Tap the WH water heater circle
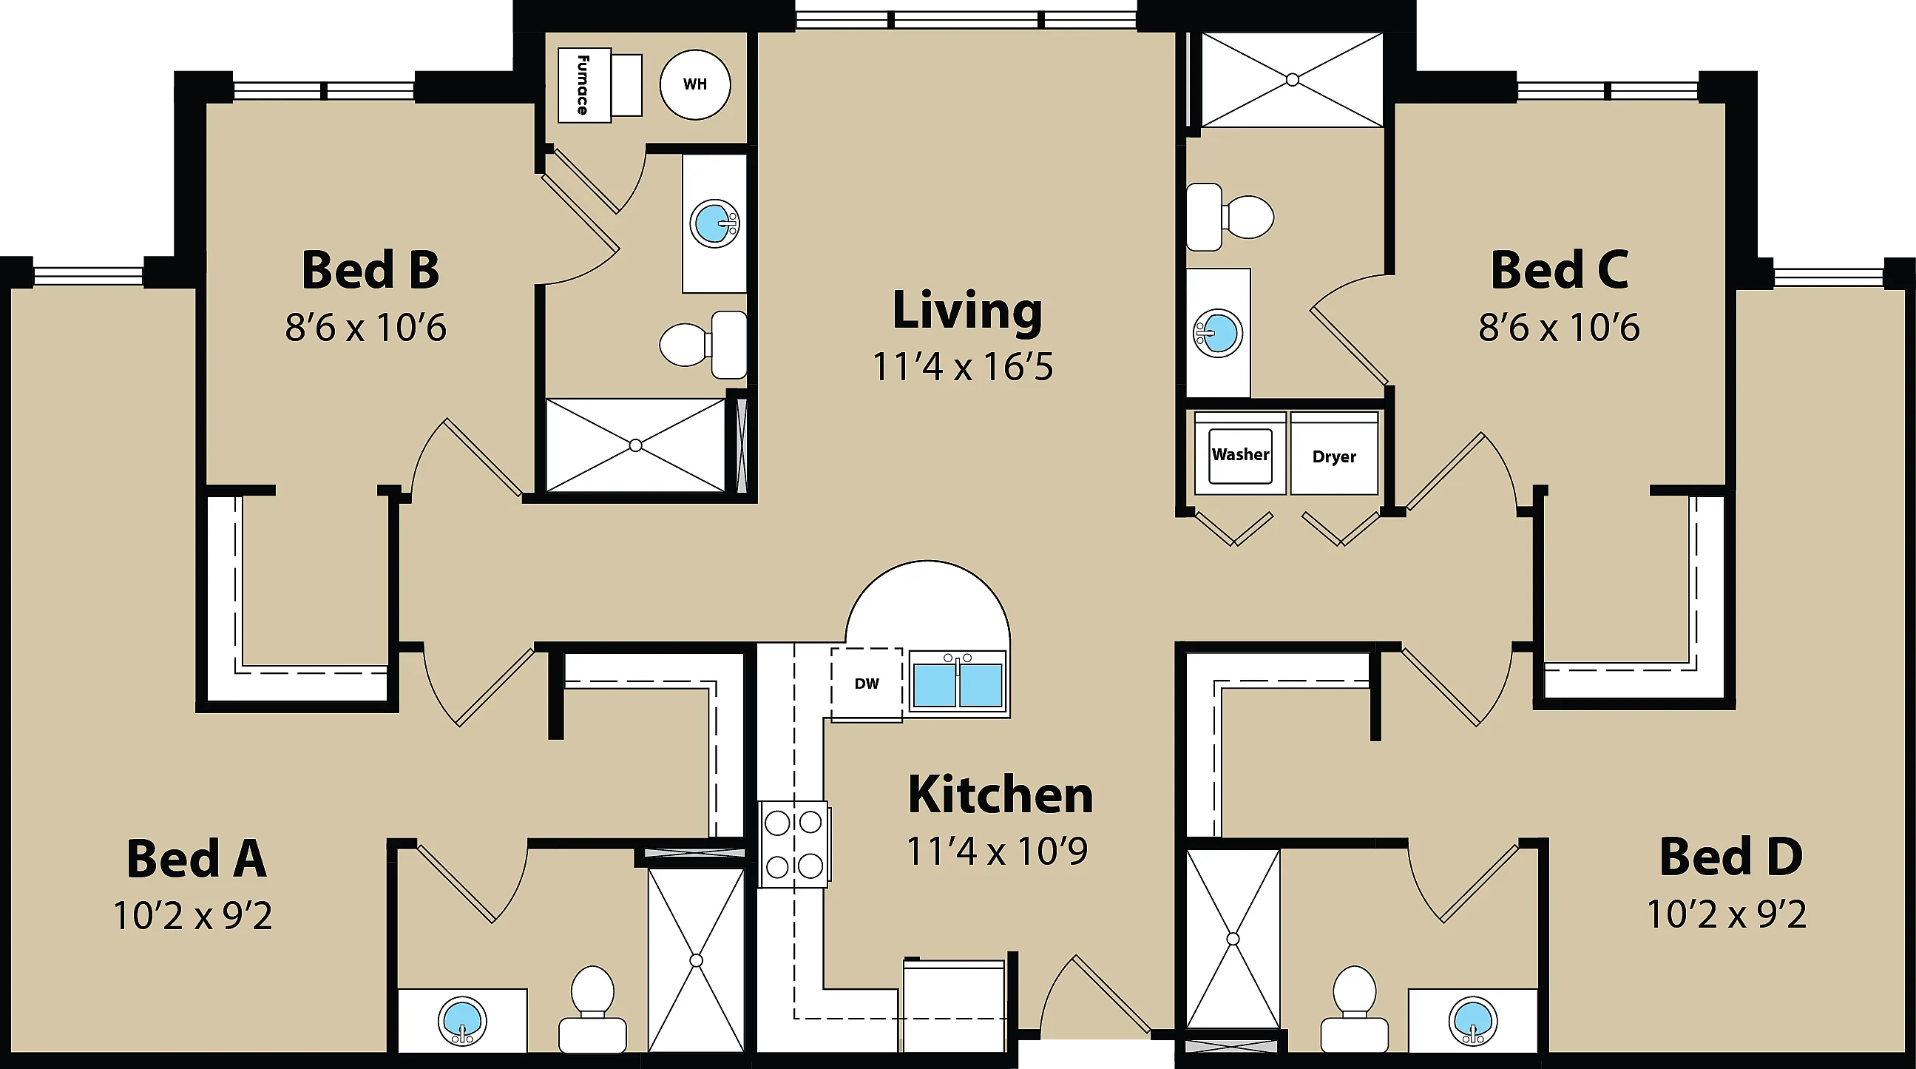tap(694, 84)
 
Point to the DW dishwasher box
tap(867, 684)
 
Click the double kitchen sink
tap(957, 682)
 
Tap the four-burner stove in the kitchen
tap(793, 844)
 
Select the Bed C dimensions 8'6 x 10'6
tap(1559, 327)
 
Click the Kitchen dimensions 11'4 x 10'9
tap(998, 852)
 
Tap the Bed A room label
tap(197, 858)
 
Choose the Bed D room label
tap(1731, 857)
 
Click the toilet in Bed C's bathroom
tap(1230, 217)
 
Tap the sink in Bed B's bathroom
tap(714, 223)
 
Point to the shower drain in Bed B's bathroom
tap(635, 445)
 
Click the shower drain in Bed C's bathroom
tap(1293, 79)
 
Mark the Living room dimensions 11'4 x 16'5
tap(963, 367)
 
